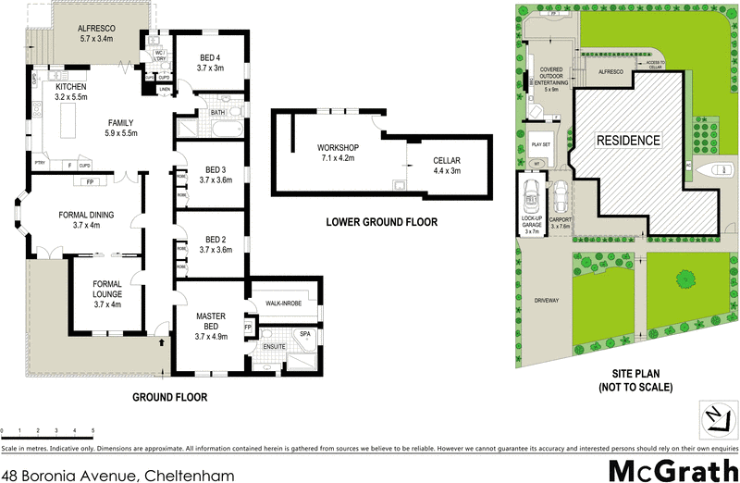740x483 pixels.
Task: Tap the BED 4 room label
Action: point(210,63)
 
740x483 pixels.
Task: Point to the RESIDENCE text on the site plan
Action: point(628,141)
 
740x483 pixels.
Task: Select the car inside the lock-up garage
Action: point(531,193)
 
